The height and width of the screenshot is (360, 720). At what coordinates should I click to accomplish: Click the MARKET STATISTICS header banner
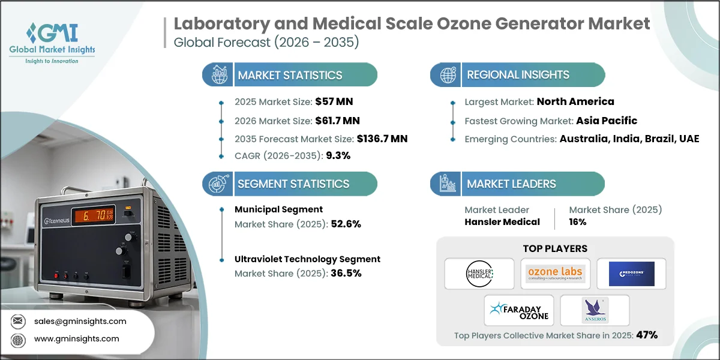coord(290,75)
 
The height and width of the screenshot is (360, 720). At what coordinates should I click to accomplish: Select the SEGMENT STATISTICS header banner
coord(293,184)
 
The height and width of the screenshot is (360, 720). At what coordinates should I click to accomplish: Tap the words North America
coord(575,101)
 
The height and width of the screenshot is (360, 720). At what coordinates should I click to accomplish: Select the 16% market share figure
coord(578,221)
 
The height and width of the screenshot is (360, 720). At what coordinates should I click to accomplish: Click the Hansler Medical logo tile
coord(479,274)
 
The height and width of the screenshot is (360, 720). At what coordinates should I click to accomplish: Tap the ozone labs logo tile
coord(555,274)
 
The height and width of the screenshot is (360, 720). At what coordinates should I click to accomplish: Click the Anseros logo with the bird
coord(594,310)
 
